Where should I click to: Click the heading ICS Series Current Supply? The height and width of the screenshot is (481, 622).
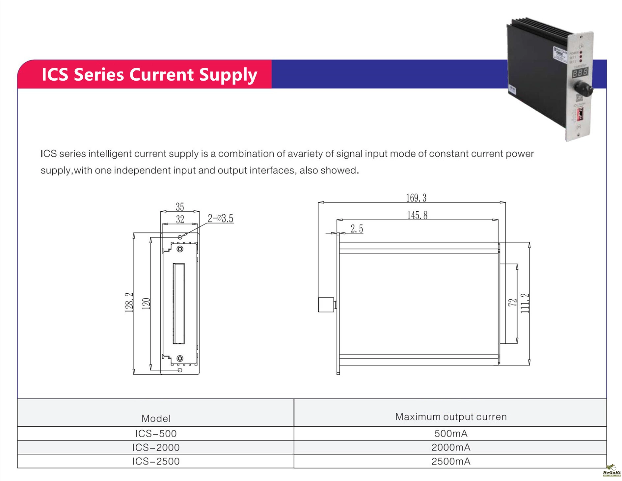click(149, 74)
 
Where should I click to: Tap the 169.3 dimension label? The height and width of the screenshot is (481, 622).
click(416, 198)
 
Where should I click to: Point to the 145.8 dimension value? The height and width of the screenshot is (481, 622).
click(417, 215)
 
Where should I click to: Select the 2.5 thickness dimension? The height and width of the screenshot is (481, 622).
click(357, 228)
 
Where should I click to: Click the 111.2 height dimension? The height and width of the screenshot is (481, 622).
click(525, 303)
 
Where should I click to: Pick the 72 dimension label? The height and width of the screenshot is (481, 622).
click(512, 303)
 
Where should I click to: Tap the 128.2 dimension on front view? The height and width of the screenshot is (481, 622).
click(129, 302)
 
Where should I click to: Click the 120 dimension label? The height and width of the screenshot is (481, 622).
click(146, 304)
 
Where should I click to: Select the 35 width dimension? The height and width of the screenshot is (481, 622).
click(180, 207)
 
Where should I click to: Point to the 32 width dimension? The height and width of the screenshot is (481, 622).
click(180, 219)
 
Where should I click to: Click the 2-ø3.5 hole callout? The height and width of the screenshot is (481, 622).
click(221, 218)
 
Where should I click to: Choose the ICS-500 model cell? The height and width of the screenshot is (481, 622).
click(156, 434)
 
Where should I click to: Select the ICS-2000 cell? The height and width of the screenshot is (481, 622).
click(156, 447)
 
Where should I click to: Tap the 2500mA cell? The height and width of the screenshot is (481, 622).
click(450, 461)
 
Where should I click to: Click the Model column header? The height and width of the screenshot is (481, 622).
click(156, 418)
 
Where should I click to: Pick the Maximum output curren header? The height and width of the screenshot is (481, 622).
click(450, 417)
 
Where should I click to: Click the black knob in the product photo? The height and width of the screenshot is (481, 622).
click(584, 89)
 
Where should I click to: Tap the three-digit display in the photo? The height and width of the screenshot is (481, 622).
click(580, 72)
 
